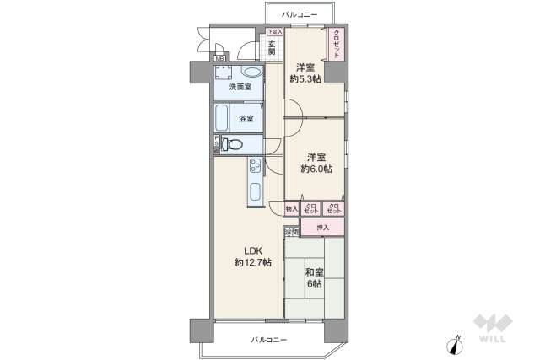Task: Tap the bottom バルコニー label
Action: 268,340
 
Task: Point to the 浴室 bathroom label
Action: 246,118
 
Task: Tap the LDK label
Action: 253,250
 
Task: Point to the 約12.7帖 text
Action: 253,263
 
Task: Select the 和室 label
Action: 314,271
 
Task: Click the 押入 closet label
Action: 322,228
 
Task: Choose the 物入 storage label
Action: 291,208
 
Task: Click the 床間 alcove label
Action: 291,232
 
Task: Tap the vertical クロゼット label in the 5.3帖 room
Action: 337,44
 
